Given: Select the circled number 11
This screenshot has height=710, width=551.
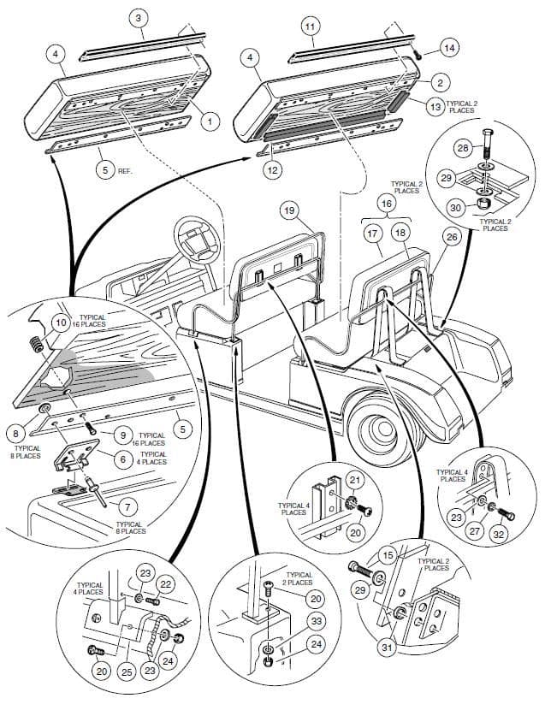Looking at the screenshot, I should (x=310, y=27).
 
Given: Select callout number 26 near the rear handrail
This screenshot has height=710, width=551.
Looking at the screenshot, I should (x=453, y=238).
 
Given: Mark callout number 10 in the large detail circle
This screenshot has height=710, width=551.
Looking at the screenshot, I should (x=60, y=322).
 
